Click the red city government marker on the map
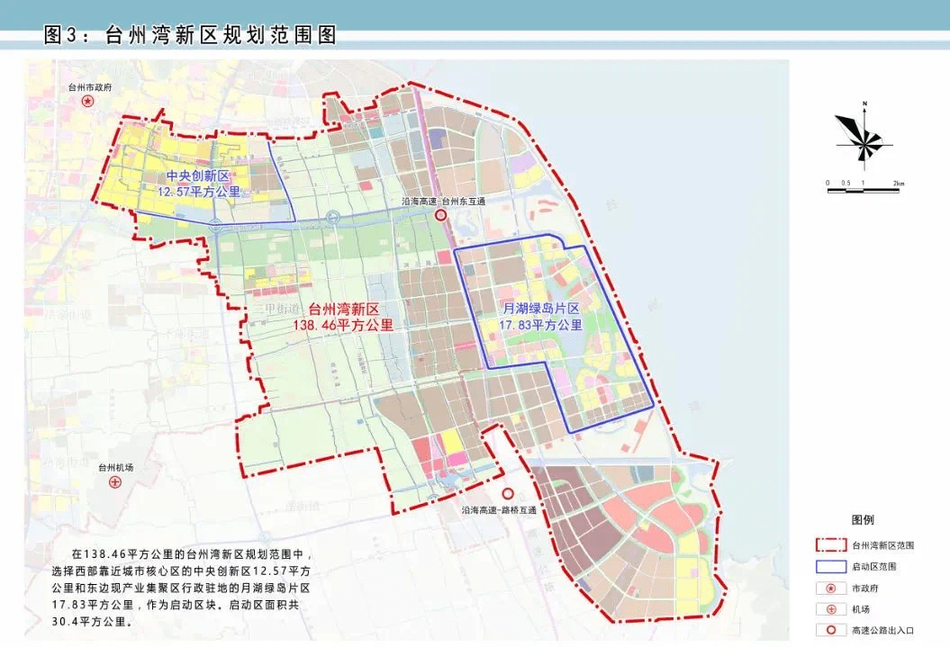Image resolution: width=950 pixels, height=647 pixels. click(x=87, y=102)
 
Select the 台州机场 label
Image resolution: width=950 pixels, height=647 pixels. click(x=115, y=468)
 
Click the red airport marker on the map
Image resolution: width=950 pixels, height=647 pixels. click(x=115, y=482)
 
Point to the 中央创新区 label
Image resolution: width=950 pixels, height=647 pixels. click(x=199, y=175)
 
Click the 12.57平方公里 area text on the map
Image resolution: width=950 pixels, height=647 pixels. click(x=199, y=192)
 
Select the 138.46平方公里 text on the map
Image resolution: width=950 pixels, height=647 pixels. click(x=345, y=325)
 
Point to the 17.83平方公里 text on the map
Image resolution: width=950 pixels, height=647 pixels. click(x=542, y=325)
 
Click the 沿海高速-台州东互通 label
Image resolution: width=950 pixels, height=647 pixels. click(x=443, y=202)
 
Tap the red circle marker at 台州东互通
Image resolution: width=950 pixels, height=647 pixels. click(x=441, y=217)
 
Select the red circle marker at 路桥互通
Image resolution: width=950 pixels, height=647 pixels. click(x=508, y=494)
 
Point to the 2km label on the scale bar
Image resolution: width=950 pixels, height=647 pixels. click(x=898, y=184)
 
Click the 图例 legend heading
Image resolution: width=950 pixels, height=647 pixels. click(x=862, y=520)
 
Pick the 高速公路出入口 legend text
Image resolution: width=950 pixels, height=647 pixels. click(x=883, y=630)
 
